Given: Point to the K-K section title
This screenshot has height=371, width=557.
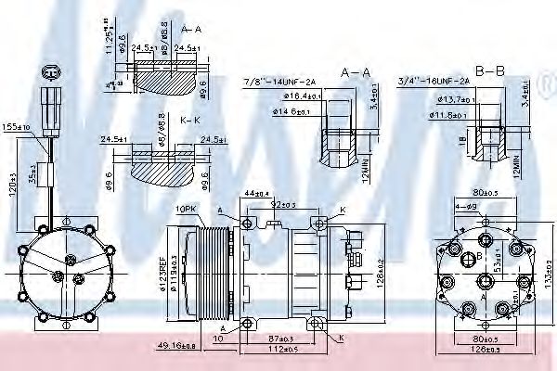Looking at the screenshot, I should (x=190, y=122).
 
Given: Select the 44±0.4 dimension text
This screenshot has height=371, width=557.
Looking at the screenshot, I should (x=254, y=193).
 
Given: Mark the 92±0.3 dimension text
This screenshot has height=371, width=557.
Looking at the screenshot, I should (x=283, y=203).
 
